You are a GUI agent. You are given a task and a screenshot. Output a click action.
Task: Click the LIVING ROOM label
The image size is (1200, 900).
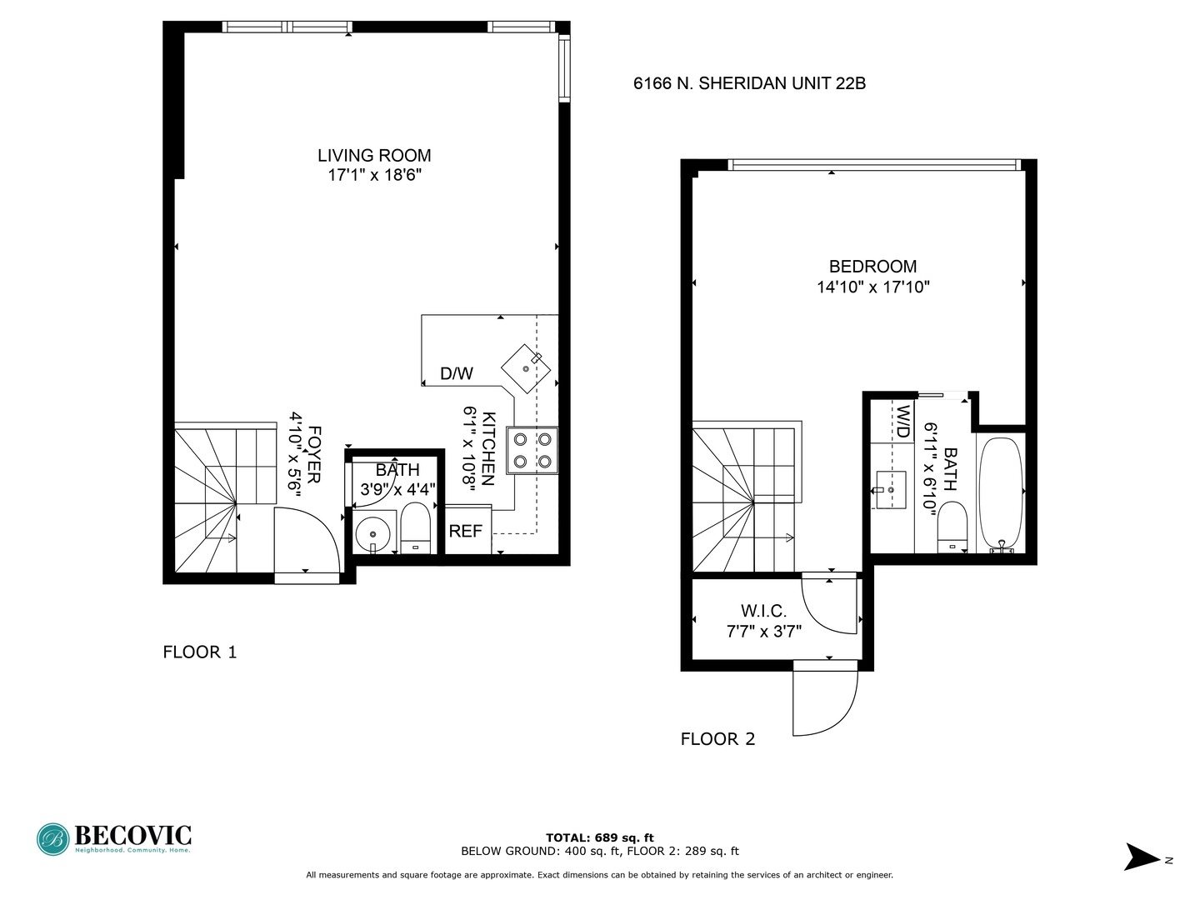point(374,156)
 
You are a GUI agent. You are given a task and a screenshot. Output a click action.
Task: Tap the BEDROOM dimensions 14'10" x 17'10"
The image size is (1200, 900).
point(872,287)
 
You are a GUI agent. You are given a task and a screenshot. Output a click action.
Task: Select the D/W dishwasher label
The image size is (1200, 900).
point(456,374)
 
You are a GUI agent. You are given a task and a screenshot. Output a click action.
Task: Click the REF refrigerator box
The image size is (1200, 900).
point(467,531)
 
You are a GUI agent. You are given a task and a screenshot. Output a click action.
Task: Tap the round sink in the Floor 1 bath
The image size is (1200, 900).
point(371,533)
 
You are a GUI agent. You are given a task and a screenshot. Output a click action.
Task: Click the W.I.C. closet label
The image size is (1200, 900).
point(763,611)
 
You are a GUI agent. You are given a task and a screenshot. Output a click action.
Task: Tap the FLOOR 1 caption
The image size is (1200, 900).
point(200,652)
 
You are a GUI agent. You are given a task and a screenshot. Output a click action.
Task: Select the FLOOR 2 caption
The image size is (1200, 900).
point(717,739)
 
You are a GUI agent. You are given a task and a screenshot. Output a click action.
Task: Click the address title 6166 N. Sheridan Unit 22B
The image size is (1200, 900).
point(749,83)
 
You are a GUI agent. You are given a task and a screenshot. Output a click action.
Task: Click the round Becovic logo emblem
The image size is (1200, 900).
point(53,839)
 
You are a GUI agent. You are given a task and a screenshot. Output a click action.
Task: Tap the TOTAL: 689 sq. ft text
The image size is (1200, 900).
point(599,837)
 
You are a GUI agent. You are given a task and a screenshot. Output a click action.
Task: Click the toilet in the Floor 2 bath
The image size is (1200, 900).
point(951,527)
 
